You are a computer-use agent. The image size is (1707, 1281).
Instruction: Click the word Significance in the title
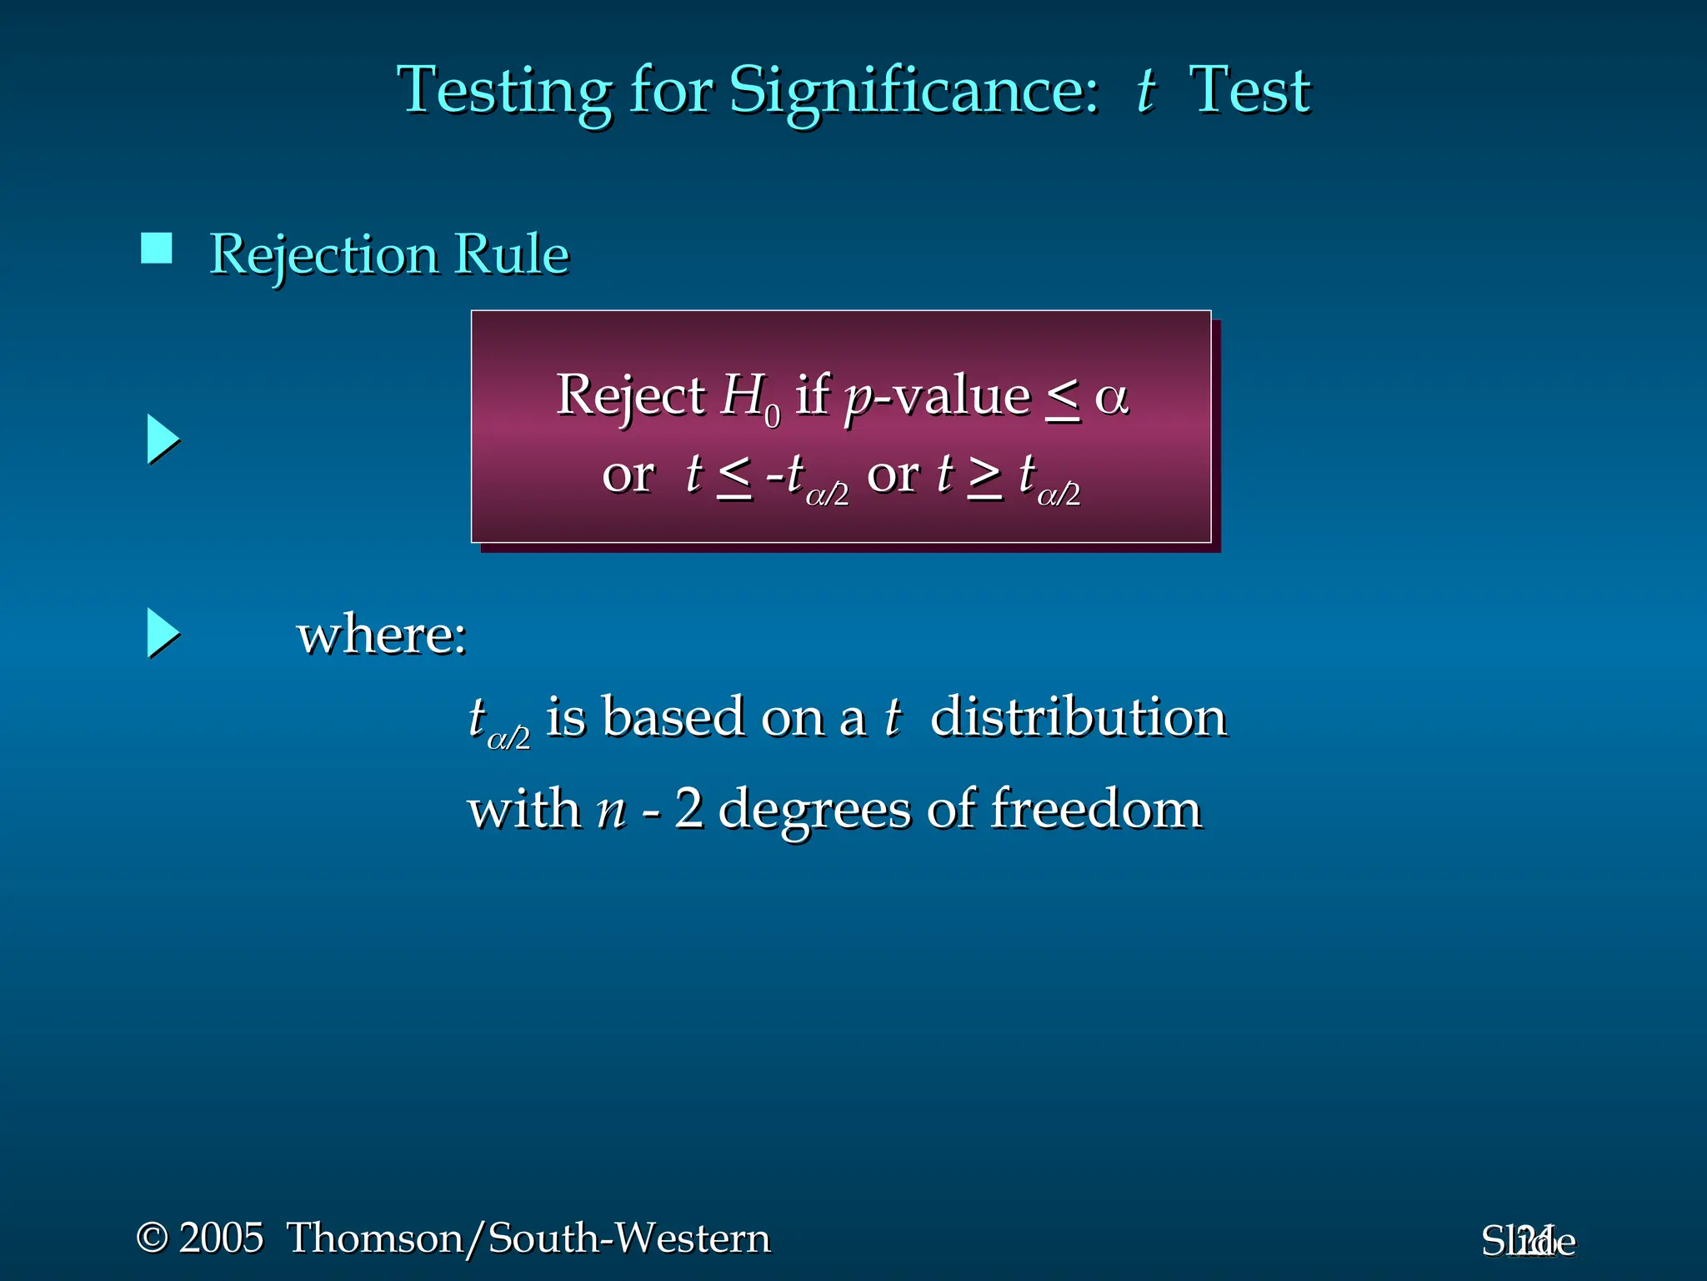click(914, 90)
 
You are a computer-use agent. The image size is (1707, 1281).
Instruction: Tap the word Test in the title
click(1249, 90)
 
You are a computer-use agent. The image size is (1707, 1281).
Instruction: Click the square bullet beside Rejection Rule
click(157, 249)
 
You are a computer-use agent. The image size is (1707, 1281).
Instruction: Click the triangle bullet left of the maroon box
click(163, 440)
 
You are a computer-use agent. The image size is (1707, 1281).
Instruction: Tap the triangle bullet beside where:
click(163, 633)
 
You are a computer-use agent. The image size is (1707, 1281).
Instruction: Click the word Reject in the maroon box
click(630, 395)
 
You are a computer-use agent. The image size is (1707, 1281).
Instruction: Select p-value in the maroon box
click(937, 397)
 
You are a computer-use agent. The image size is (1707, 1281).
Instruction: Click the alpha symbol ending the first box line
click(1111, 397)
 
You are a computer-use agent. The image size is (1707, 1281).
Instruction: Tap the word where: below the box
click(382, 635)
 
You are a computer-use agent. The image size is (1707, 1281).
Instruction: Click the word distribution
click(1078, 716)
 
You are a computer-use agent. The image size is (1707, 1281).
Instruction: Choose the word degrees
click(813, 810)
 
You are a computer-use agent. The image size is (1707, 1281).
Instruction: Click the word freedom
click(1095, 808)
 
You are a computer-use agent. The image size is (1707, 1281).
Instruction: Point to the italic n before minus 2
click(612, 810)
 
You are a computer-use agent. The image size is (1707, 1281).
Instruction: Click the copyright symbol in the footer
click(153, 1238)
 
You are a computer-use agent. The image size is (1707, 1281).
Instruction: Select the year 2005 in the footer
click(222, 1238)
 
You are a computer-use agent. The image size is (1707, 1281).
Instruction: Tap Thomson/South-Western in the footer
click(528, 1238)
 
